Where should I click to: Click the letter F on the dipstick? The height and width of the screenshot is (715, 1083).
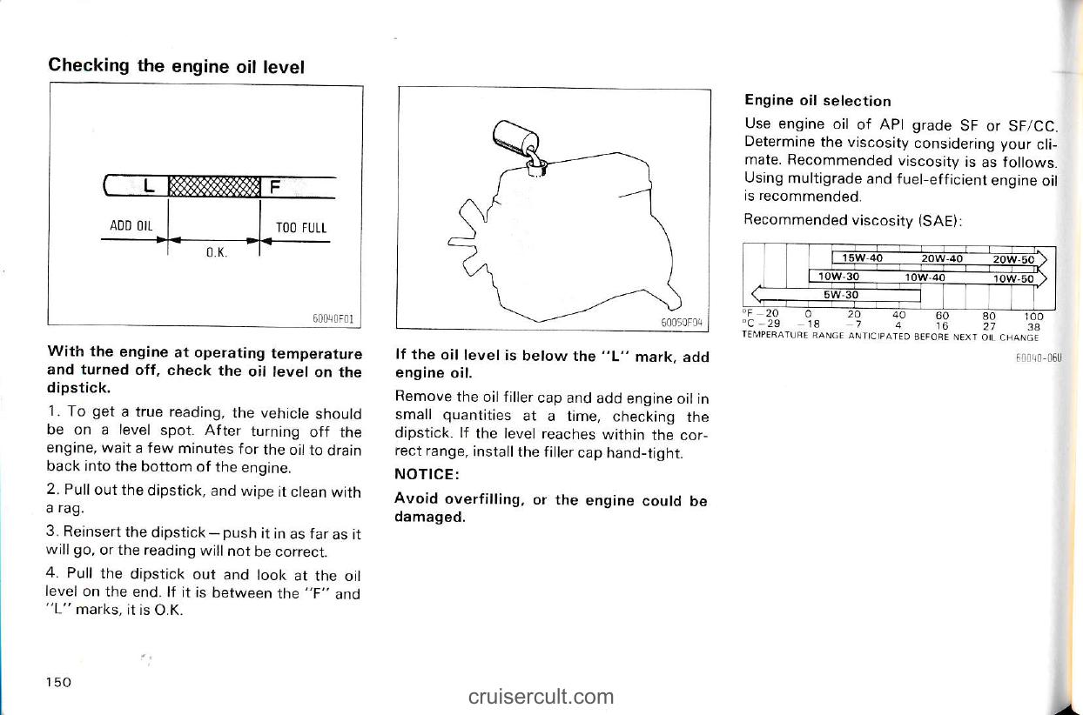tap(274, 186)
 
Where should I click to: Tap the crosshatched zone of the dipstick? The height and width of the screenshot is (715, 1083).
tap(214, 186)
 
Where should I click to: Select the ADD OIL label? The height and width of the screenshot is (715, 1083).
tap(131, 225)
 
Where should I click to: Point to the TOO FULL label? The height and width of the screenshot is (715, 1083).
tap(301, 228)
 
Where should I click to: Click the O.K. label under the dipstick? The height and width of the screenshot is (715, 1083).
tap(217, 252)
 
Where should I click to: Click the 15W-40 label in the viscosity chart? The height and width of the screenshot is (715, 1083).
tap(862, 258)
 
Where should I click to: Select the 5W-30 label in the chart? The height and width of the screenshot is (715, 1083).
tap(841, 295)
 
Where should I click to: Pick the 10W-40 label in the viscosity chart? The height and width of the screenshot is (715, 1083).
tap(925, 277)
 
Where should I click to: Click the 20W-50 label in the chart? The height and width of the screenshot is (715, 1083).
tap(1013, 259)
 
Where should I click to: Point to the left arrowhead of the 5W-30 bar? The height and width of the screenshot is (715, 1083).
tap(757, 293)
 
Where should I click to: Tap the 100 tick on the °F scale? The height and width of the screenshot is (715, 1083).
tap(1033, 317)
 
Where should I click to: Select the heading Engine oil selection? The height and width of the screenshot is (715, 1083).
tap(817, 101)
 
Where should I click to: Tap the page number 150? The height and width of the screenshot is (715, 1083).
tap(58, 682)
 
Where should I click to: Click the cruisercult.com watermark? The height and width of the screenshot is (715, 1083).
tap(541, 697)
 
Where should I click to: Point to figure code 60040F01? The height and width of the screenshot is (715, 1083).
tap(333, 318)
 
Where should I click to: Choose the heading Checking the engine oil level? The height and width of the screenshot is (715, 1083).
tap(177, 66)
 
